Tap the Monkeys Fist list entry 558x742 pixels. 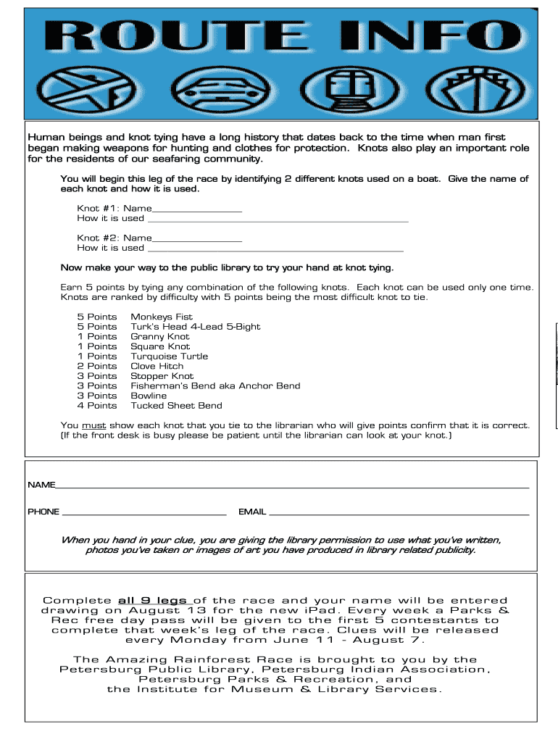pos(161,317)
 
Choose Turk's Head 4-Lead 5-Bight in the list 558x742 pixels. pos(195,327)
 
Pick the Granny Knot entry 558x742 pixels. pos(159,336)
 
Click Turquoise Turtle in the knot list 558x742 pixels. pos(169,356)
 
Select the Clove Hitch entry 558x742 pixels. pos(157,366)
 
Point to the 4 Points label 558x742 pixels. pos(96,406)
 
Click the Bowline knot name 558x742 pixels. pos(148,396)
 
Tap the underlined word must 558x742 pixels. pos(93,425)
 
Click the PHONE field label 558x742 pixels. pos(43,512)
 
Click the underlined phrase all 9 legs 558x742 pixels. pos(153,601)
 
